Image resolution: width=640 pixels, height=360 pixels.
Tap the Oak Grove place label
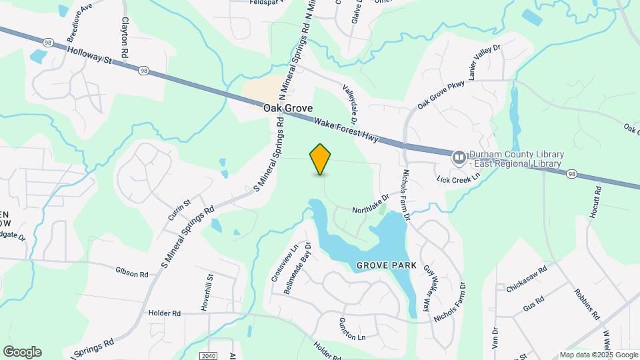pyautogui.click(x=288, y=107)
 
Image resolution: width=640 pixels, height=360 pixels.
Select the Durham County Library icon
pyautogui.click(x=459, y=158)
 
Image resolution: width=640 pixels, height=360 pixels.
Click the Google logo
pyautogui.click(x=22, y=351)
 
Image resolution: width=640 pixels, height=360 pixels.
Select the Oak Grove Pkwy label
pyautogui.click(x=441, y=95)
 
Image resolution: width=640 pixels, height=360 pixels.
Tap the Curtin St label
pyautogui.click(x=179, y=210)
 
